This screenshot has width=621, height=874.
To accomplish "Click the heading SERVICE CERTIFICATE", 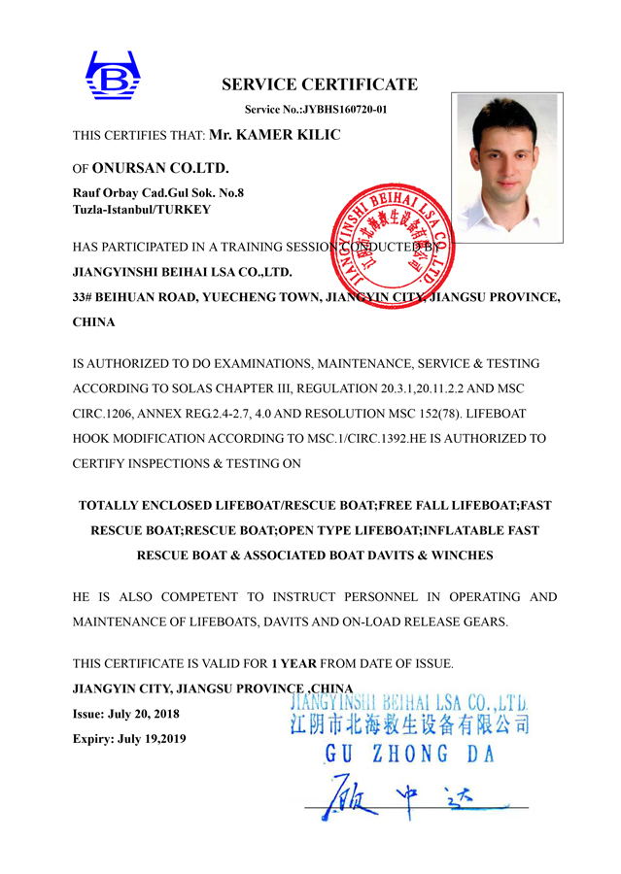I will point(319,84).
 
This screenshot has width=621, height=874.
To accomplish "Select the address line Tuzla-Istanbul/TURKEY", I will point(142,209).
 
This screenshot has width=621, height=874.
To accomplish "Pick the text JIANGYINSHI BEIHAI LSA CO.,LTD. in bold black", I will point(183,272).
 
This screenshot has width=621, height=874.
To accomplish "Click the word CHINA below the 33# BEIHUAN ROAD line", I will point(94,321).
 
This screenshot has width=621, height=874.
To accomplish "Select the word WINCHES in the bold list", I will point(462,555).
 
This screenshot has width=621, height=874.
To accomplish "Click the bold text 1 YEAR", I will point(293,664).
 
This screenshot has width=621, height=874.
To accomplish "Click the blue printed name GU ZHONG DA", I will point(410,754).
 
